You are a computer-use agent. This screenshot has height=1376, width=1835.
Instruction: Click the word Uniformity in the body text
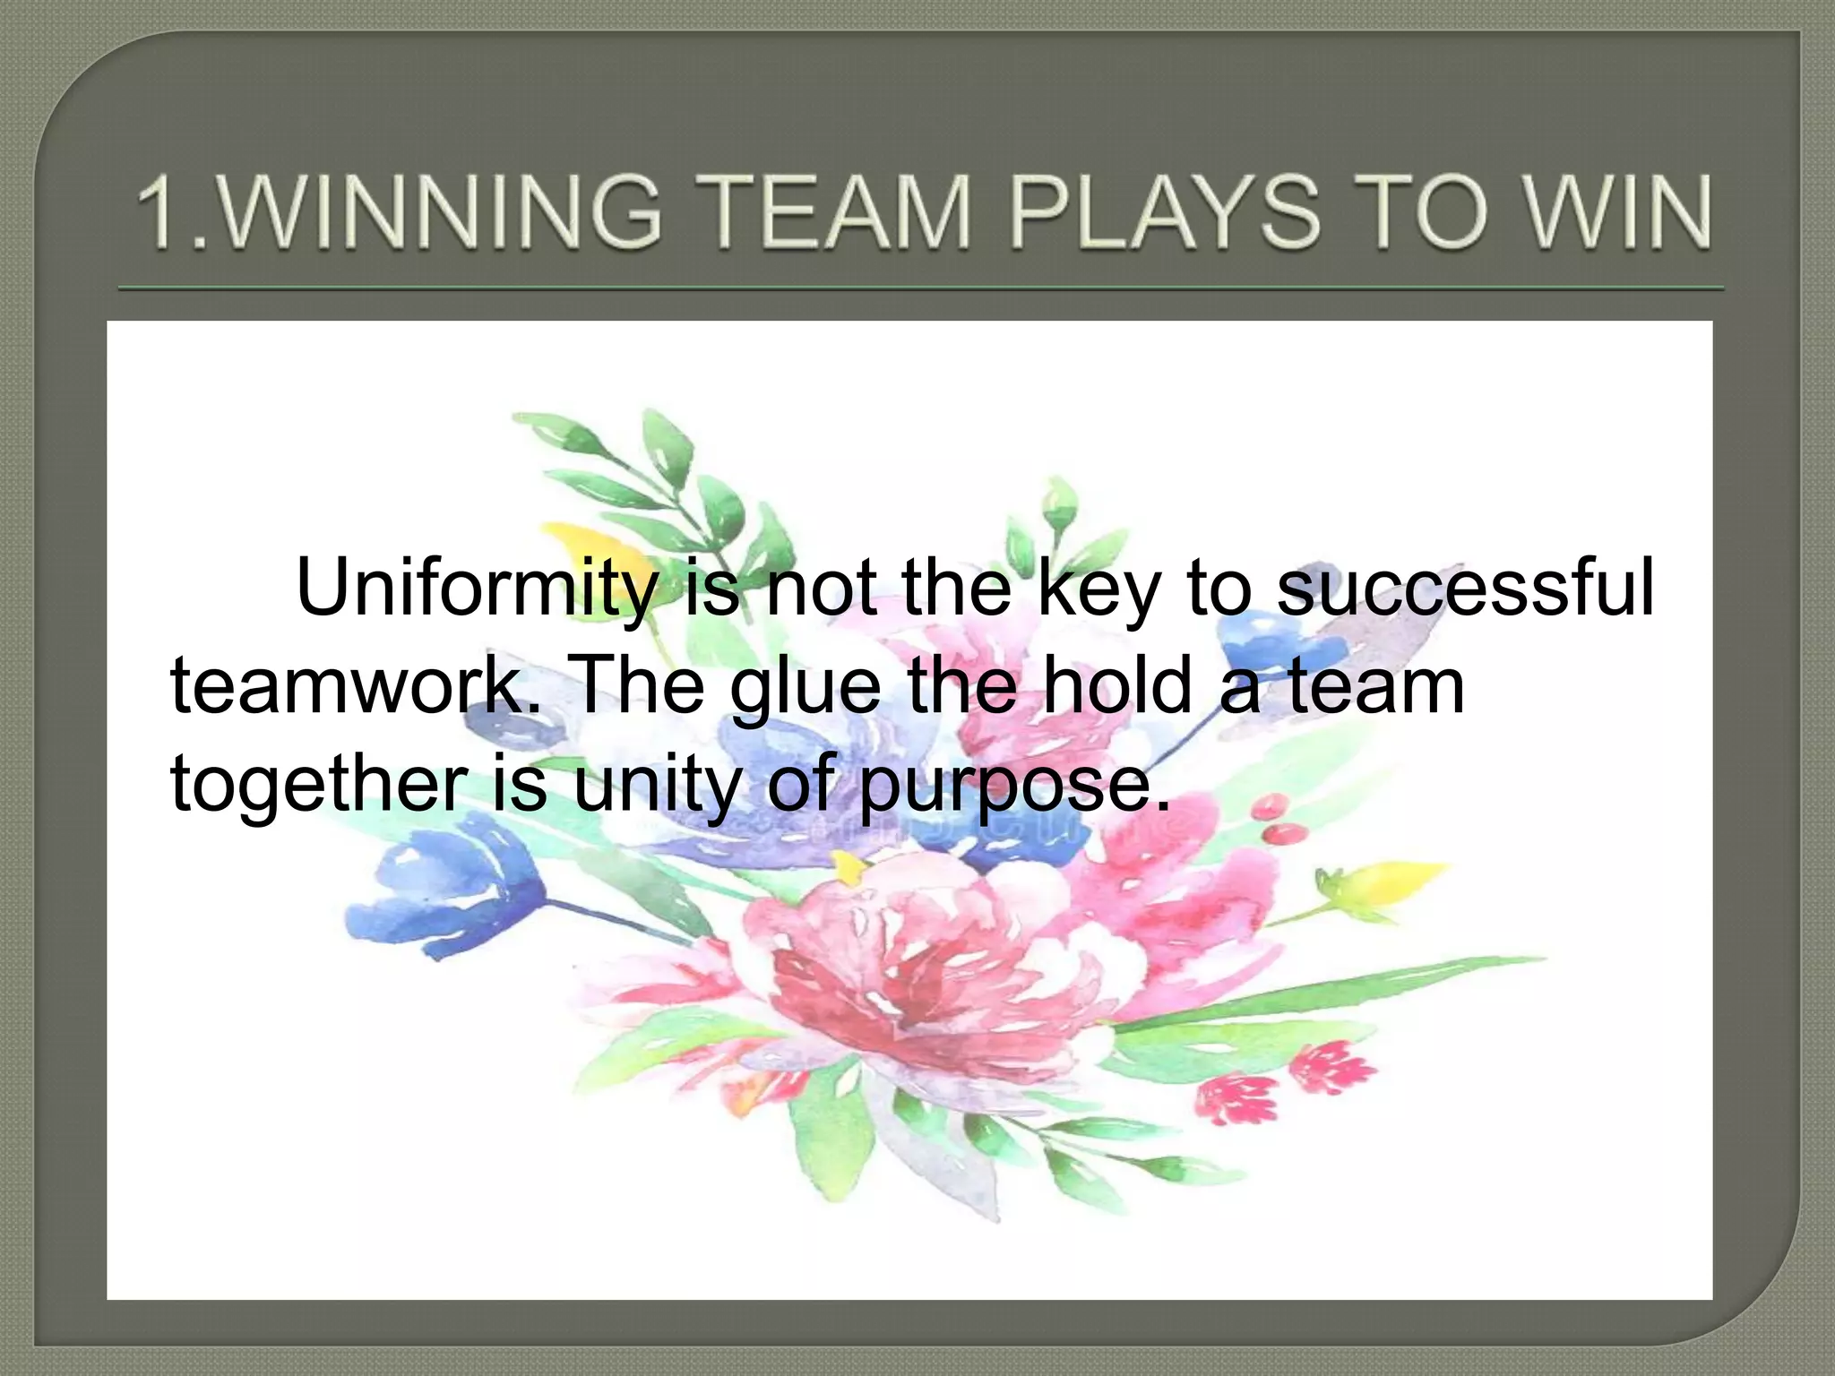point(475,588)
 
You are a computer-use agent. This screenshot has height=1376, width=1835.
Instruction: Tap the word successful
point(1464,588)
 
